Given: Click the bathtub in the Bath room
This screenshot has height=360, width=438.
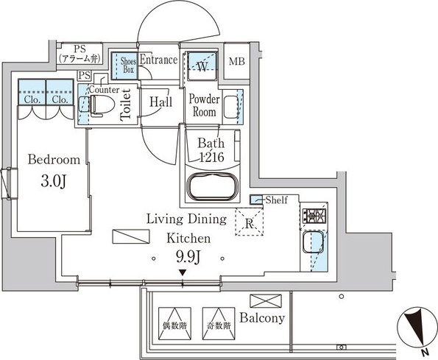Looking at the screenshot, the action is coord(214,186).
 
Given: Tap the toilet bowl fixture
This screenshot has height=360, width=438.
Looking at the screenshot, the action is coord(102,105).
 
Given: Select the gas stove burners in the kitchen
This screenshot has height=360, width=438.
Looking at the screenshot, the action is coord(314,216).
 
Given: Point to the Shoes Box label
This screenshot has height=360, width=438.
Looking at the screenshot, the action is coord(129,65).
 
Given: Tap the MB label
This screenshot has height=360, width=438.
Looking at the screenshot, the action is coord(237,61).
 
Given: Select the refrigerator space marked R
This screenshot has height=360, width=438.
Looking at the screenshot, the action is coord(249,222).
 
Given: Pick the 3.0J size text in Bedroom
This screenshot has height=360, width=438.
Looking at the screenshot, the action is coord(54,182).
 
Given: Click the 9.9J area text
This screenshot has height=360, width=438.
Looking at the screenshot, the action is coord(188,257).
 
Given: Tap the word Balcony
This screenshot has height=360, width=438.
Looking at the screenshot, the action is coord(262,318).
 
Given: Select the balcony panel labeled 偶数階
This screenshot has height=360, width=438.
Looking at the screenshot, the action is coord(175,323).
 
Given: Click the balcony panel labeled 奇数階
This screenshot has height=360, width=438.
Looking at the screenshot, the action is coord(219,323).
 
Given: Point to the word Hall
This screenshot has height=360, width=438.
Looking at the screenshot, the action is coord(160,102).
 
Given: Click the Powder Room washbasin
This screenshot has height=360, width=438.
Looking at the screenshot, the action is coord(230,107).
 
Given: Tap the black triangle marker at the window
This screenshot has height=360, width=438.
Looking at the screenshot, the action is coord(183,272).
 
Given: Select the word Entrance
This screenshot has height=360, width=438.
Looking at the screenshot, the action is coord(159,60).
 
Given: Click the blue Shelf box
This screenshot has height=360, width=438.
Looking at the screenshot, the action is coord(256,200).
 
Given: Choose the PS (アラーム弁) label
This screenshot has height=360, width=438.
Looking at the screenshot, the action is coord(80,54).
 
